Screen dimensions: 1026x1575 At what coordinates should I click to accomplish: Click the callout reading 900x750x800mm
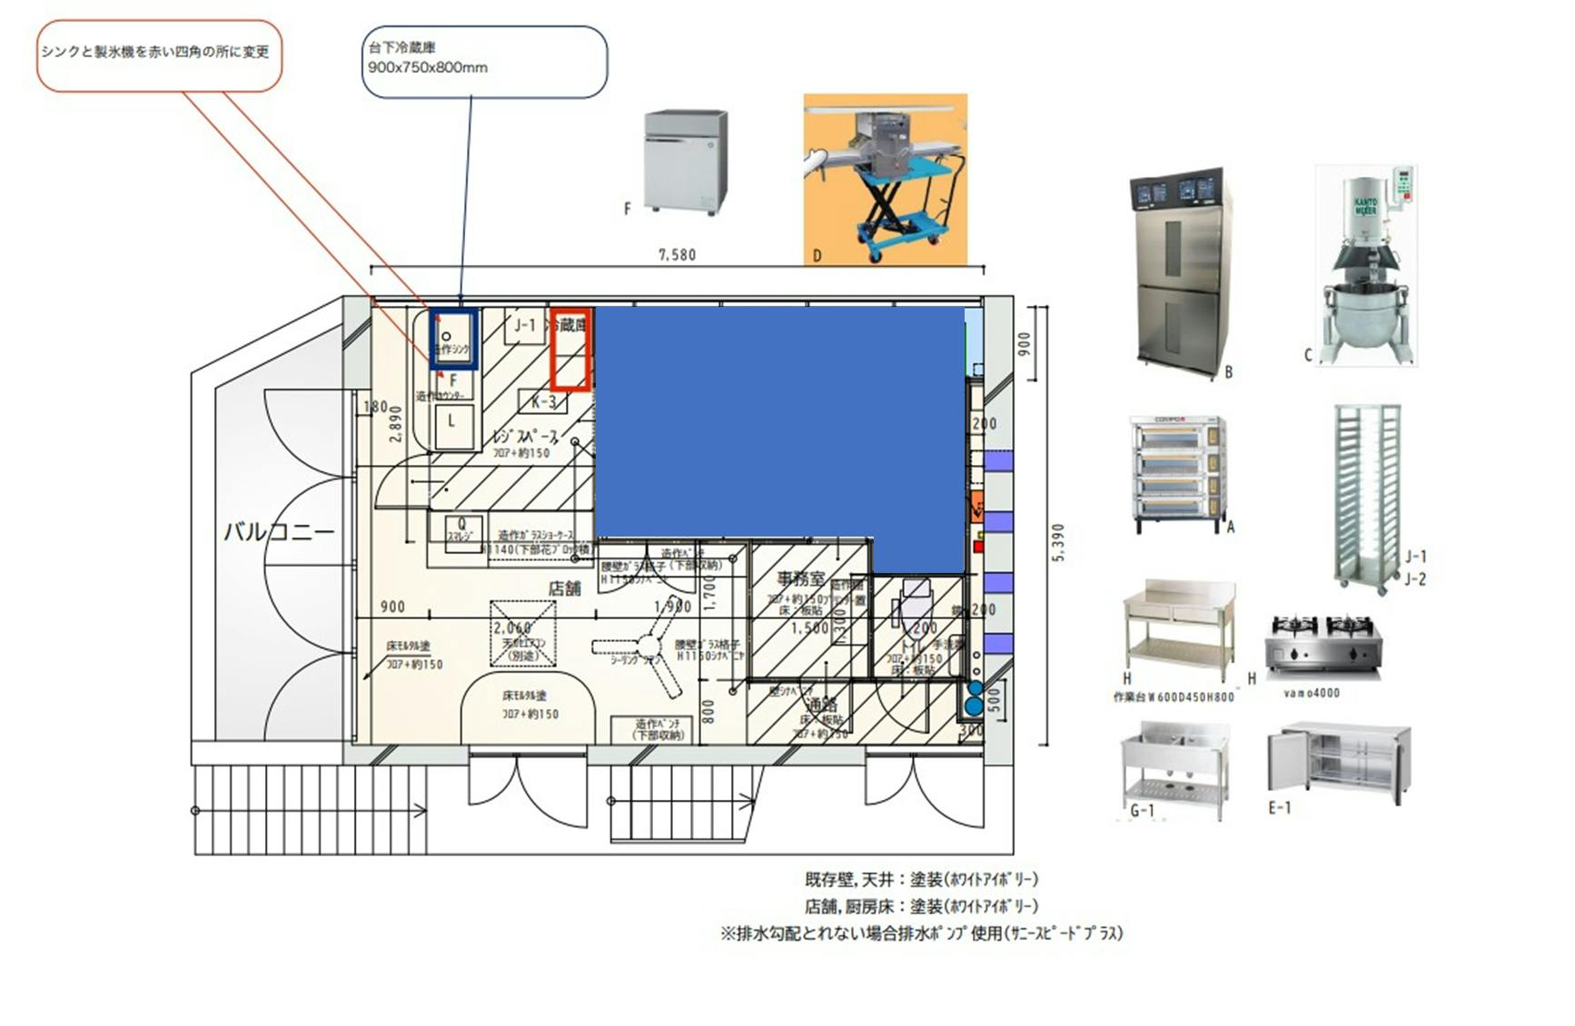pos(483,62)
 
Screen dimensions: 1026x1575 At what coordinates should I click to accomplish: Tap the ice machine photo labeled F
pos(686,162)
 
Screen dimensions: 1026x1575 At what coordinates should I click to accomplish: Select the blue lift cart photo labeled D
pos(885,179)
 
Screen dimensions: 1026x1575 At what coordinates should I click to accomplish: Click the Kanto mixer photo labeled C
pos(1366,266)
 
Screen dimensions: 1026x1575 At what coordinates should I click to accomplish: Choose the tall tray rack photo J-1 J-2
pos(1366,498)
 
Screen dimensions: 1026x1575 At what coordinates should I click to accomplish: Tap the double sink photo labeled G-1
pos(1174,763)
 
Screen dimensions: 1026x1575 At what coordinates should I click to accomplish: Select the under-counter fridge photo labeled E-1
pos(1339,761)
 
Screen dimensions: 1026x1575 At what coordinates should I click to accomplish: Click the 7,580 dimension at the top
pos(677,255)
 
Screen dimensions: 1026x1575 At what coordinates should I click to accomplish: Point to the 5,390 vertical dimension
pos(1058,543)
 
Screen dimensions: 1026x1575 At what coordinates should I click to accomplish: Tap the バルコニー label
pos(279,531)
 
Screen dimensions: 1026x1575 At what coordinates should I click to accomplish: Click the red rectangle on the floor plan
pos(571,350)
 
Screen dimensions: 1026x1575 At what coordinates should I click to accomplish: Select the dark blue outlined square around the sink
pos(453,339)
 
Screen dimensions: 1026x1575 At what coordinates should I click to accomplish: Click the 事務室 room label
pos(800,578)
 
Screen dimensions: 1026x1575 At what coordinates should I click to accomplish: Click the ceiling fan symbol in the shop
pos(648,646)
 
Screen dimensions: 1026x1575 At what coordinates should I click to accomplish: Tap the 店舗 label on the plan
pos(564,588)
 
